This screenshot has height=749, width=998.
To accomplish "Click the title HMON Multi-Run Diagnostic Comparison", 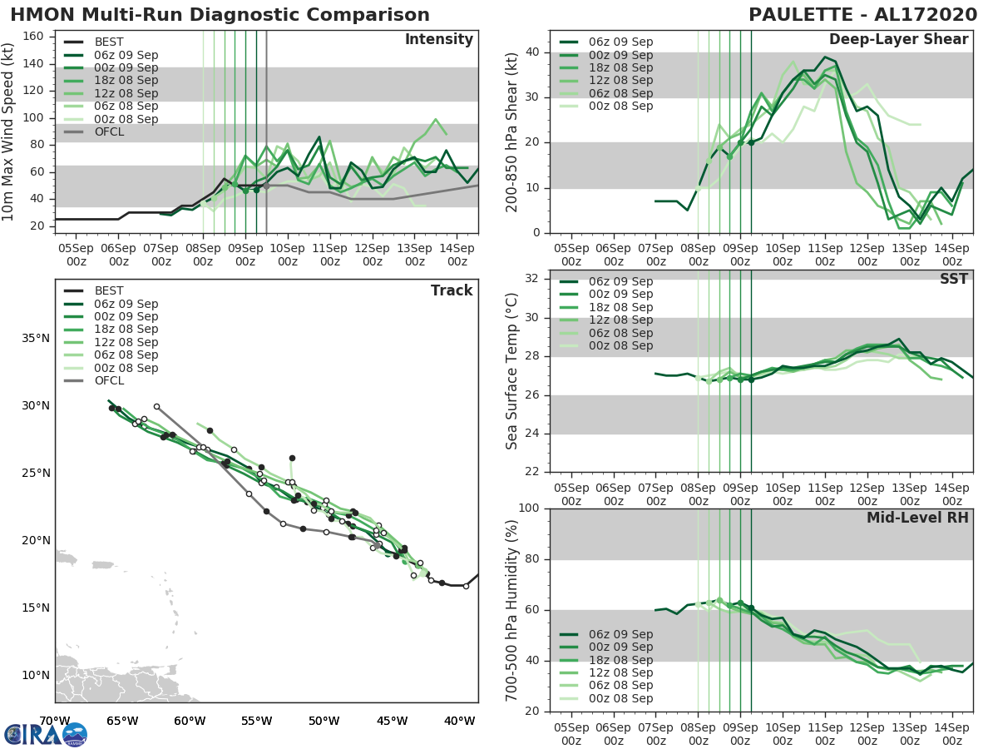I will tap(220, 15).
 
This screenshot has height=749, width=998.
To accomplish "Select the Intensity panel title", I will tap(438, 40).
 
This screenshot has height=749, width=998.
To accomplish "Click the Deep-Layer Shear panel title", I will tap(898, 40).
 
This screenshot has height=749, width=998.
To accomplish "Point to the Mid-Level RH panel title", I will tap(917, 518).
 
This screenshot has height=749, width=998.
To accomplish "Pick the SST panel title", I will tap(954, 280).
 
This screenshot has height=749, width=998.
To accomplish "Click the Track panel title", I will tap(452, 290).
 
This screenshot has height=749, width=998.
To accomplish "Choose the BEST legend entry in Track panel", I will tap(108, 290).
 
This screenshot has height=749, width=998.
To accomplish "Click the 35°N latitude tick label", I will tap(35, 339).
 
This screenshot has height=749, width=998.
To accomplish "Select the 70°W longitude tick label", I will tap(55, 721).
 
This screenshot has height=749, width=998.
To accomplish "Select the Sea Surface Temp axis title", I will tap(512, 372).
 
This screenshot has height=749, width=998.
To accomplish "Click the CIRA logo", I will tap(46, 734).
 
